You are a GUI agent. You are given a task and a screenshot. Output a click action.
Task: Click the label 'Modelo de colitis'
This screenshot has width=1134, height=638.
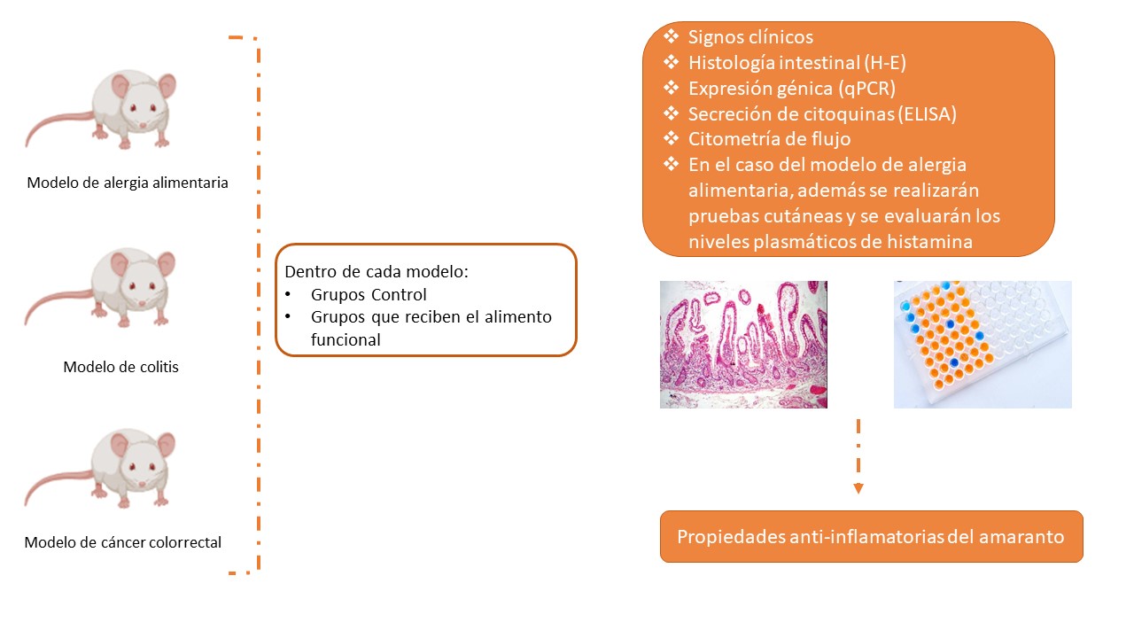[x=120, y=367]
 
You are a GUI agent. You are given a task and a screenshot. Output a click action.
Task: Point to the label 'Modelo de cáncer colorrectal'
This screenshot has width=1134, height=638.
[x=123, y=542]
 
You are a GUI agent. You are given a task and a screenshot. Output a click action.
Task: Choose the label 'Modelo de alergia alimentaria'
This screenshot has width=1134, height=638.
[x=128, y=183]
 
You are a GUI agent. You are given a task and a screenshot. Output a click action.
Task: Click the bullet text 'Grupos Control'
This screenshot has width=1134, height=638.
[x=369, y=295]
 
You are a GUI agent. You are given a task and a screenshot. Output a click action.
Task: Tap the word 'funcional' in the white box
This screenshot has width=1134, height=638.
[x=346, y=338]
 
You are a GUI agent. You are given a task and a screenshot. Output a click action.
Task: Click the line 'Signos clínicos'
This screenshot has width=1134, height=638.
[x=750, y=37]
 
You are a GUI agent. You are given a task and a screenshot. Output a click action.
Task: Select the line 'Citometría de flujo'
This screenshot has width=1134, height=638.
[x=769, y=139]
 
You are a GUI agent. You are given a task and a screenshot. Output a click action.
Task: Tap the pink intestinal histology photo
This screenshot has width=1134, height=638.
[x=743, y=345]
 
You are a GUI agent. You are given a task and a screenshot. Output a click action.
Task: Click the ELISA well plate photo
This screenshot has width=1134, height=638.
[x=983, y=345]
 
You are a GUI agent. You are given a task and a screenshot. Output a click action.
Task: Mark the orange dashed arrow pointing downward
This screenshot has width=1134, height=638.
[x=858, y=456]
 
